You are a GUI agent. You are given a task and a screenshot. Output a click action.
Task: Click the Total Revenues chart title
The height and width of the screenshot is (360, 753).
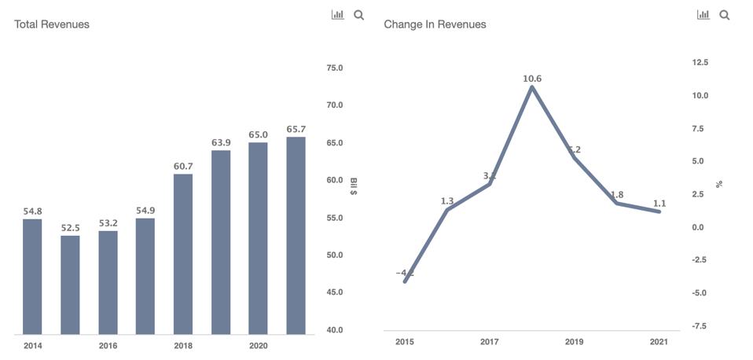(52, 24)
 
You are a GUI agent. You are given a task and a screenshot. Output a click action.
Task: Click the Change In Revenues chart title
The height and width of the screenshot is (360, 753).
(435, 24)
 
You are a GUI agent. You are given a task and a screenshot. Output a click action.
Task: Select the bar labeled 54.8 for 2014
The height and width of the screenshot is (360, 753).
(32, 277)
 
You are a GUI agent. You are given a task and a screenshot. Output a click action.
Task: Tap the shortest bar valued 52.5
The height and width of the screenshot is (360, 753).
(70, 285)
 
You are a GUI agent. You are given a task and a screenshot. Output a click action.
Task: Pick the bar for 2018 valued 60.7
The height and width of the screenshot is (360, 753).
(183, 254)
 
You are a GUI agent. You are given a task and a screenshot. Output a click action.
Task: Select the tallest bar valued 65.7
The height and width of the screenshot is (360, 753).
(296, 236)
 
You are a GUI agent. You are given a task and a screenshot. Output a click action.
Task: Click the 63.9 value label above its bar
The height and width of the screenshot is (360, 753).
(221, 142)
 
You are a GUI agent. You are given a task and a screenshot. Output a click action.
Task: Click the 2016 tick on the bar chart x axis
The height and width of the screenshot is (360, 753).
(108, 346)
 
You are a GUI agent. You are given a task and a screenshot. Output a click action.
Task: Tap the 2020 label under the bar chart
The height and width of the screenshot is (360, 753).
(258, 346)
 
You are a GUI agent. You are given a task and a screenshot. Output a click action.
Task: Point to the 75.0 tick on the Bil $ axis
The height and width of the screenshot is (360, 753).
(335, 68)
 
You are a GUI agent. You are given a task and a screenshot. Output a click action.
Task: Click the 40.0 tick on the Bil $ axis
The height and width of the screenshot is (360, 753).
(335, 330)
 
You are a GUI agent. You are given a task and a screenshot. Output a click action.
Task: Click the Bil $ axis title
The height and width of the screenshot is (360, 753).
(354, 187)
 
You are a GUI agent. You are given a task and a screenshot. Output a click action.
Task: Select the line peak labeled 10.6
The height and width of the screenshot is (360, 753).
(532, 86)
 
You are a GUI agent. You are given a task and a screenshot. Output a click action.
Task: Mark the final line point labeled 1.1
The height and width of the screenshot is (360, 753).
(659, 211)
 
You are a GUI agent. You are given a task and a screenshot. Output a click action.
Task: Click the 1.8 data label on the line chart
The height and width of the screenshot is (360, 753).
(617, 195)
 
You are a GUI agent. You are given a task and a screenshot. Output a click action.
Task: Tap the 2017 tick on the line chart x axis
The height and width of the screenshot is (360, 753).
(489, 342)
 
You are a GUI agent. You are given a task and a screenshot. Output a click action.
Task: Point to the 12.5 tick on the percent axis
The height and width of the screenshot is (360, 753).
(700, 62)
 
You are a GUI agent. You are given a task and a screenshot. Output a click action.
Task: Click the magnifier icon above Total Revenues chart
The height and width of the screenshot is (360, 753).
(359, 15)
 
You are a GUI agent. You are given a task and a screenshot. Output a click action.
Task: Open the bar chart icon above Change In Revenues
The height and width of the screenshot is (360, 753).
(703, 15)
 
